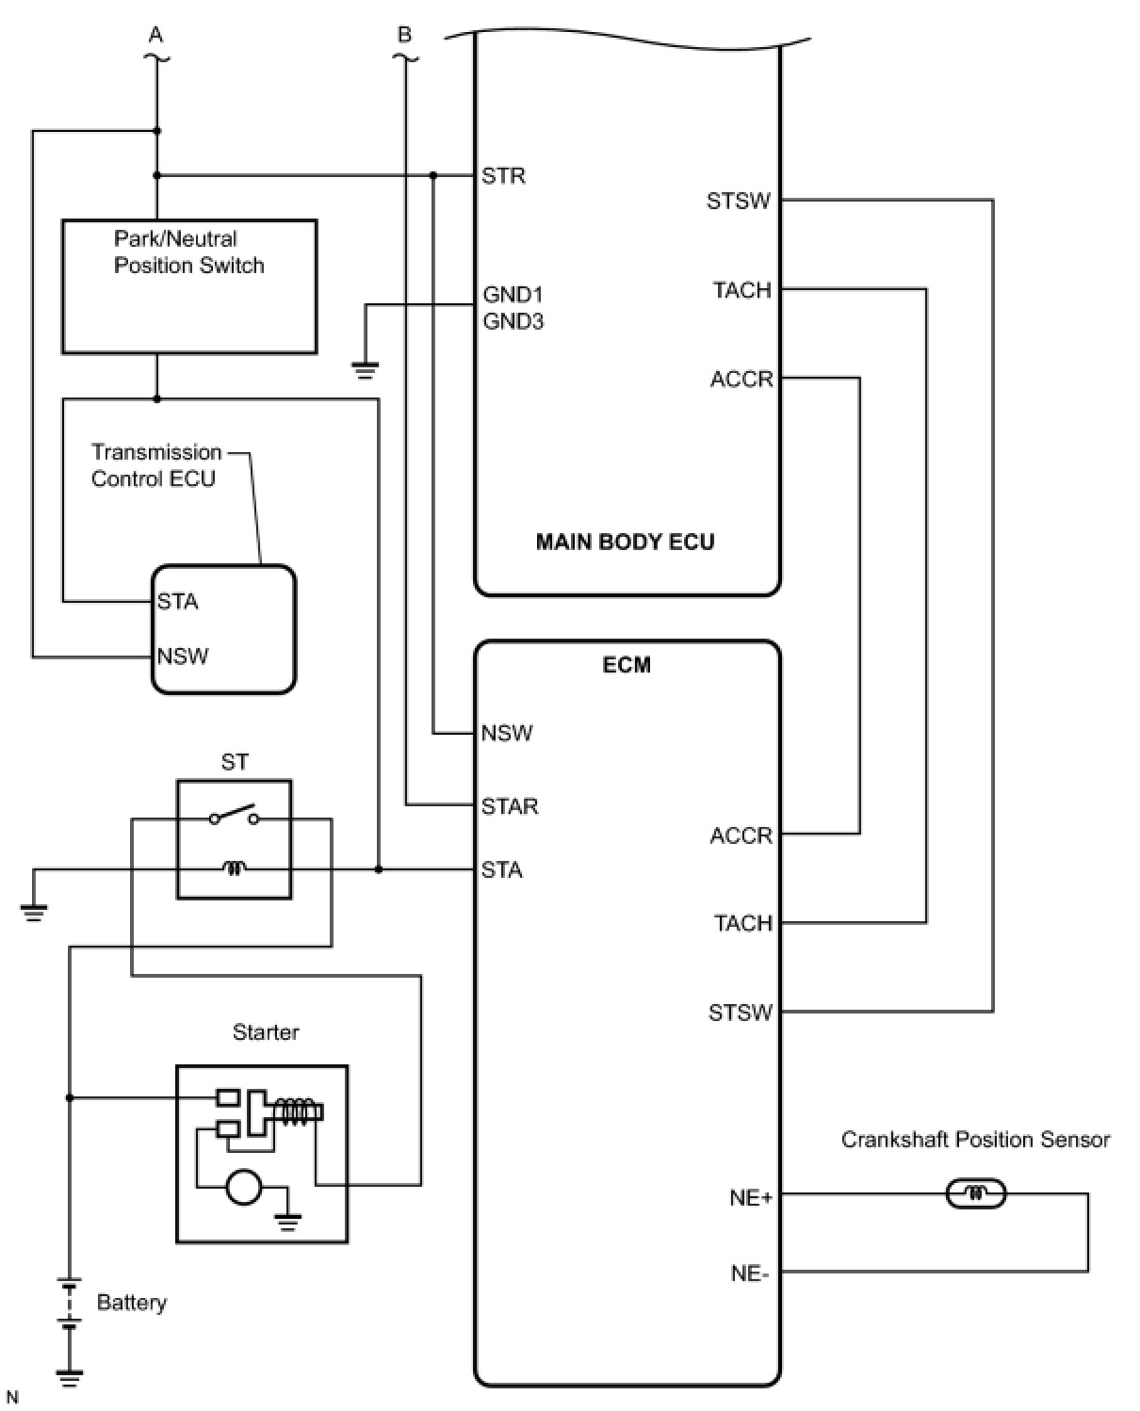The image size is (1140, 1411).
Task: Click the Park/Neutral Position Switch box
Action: pos(189,287)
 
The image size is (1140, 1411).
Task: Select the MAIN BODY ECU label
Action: pos(625,542)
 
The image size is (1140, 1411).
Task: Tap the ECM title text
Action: pos(627,665)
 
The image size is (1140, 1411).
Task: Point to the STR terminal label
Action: pos(503,176)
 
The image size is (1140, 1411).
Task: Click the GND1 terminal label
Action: pos(513,295)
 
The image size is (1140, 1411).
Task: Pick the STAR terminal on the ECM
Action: pos(509,806)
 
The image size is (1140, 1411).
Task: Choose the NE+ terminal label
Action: pos(750,1197)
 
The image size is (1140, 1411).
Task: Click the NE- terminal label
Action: pos(750,1273)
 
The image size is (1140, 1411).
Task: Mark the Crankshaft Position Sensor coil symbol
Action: pos(975,1194)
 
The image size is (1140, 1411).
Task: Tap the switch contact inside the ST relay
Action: pos(234,815)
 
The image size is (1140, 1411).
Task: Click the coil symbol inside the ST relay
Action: pos(234,868)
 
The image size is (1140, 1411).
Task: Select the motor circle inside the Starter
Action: pos(243,1187)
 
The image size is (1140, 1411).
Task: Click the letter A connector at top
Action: pos(155,36)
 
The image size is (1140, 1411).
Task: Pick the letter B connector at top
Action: pos(405,36)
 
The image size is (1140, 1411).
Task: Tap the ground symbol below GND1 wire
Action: pos(366,369)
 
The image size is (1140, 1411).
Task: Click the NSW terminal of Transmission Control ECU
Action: pos(182,657)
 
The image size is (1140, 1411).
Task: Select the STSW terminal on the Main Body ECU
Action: pos(739,201)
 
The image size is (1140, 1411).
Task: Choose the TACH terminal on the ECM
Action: pos(742,923)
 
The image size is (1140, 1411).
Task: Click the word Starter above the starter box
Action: pos(266,1032)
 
